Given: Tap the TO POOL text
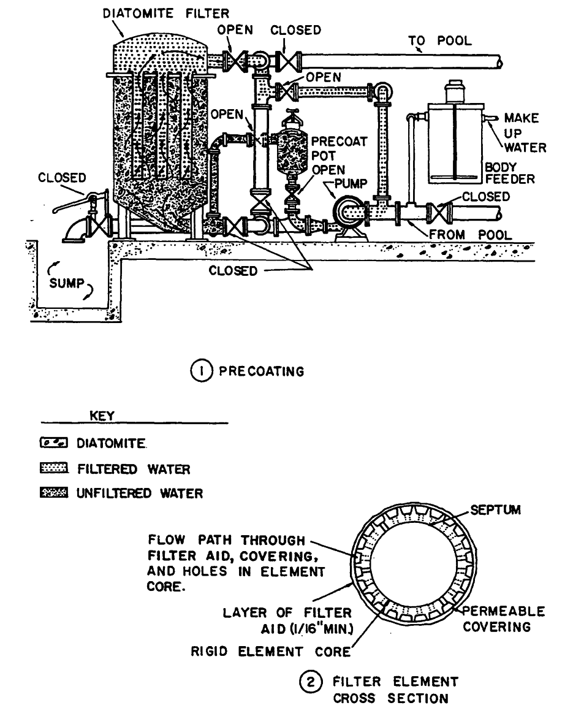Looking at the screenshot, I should pyautogui.click(x=440, y=41).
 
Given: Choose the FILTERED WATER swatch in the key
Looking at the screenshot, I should pyautogui.click(x=56, y=470).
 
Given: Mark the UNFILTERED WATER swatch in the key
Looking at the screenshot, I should pyautogui.click(x=56, y=493).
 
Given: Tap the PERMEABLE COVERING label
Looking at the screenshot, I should pyautogui.click(x=503, y=620).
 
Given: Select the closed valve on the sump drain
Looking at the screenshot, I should pyautogui.click(x=98, y=222).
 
